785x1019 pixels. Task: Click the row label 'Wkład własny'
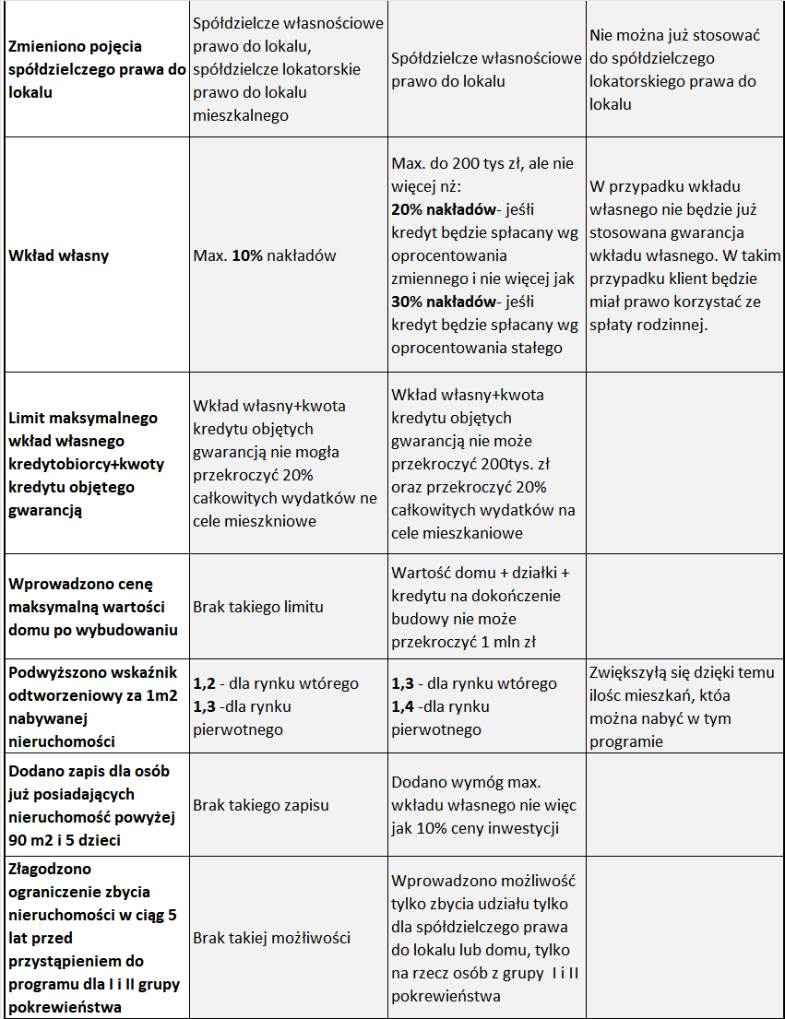[x=59, y=255]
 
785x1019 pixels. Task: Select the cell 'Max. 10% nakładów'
[x=265, y=255]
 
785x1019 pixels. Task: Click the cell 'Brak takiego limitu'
[x=258, y=607]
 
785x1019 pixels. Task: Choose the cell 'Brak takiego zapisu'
[x=260, y=805]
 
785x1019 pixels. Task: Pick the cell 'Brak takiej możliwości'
[x=271, y=938]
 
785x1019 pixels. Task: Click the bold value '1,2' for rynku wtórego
[x=204, y=683]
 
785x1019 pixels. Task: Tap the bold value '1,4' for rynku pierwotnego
[x=402, y=706]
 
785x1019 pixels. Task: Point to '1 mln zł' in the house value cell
[x=506, y=642]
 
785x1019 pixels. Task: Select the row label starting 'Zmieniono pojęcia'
[x=92, y=69]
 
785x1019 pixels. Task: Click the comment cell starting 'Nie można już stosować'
[x=673, y=69]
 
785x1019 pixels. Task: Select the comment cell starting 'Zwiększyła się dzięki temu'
[x=681, y=706]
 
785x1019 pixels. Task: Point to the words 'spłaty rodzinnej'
[x=649, y=325]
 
